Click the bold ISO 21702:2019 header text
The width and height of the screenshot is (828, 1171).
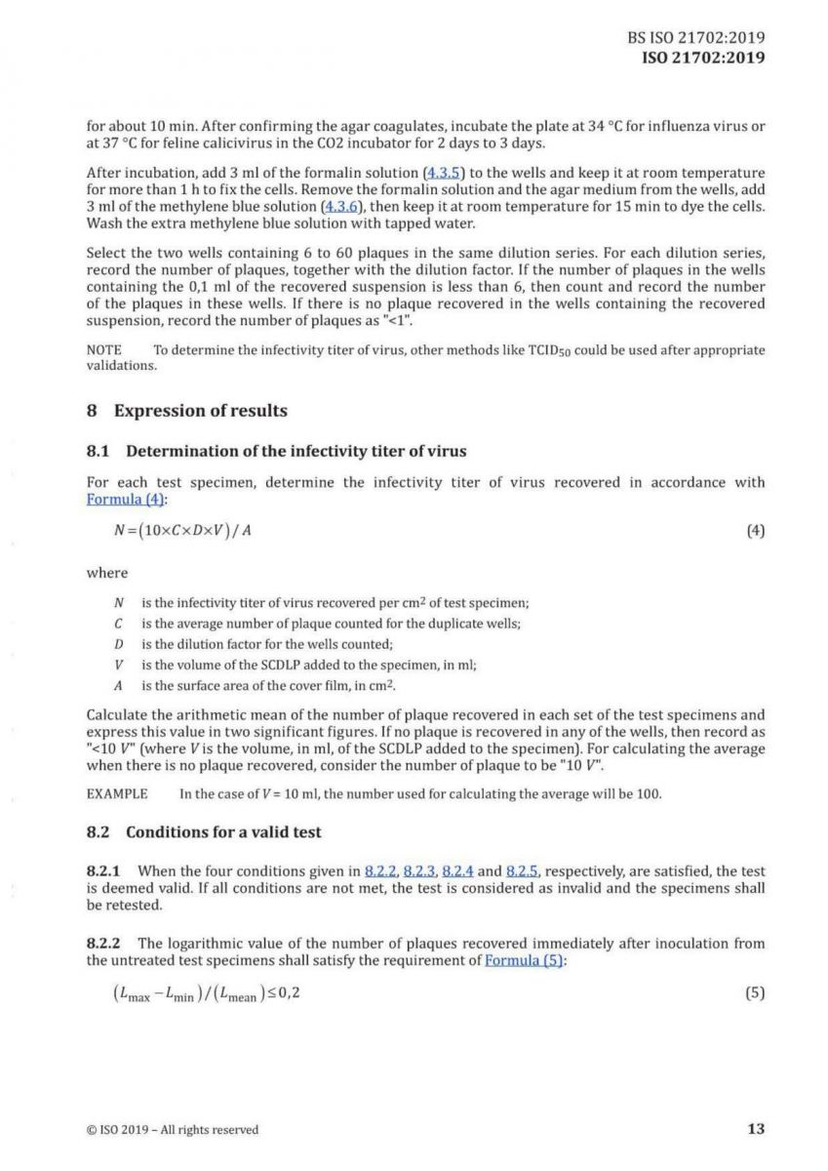coord(701,57)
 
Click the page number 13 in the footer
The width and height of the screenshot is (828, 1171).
coord(756,1129)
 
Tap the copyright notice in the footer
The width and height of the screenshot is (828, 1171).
coord(173,1130)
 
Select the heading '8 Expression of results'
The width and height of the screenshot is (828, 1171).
coord(187,411)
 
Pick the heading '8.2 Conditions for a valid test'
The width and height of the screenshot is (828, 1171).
coord(204,832)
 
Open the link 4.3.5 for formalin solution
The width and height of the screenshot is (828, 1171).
coord(434,173)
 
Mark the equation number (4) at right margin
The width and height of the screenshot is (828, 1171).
coord(755,531)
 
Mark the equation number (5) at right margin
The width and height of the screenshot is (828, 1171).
coord(755,994)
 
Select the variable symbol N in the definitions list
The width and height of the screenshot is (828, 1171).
coord(119,604)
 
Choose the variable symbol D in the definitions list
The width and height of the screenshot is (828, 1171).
coord(119,644)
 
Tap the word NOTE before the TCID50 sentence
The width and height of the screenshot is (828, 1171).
coord(104,349)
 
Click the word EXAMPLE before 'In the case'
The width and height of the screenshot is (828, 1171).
coord(117,793)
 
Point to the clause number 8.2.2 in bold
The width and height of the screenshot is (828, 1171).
coord(105,944)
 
